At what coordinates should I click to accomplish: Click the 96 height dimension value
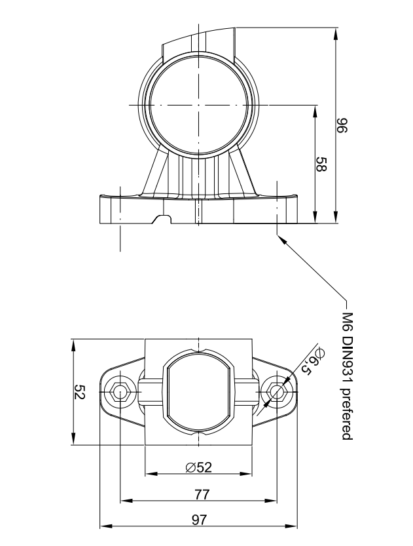tap(341, 125)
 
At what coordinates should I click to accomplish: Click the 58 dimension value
tap(321, 164)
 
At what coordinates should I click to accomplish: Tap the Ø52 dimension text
tap(199, 467)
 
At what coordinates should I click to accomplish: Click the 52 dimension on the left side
tap(80, 392)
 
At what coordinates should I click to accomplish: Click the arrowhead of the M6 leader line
tap(282, 239)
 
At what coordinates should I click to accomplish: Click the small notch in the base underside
tap(162, 218)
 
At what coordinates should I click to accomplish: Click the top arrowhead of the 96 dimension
tap(336, 32)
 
